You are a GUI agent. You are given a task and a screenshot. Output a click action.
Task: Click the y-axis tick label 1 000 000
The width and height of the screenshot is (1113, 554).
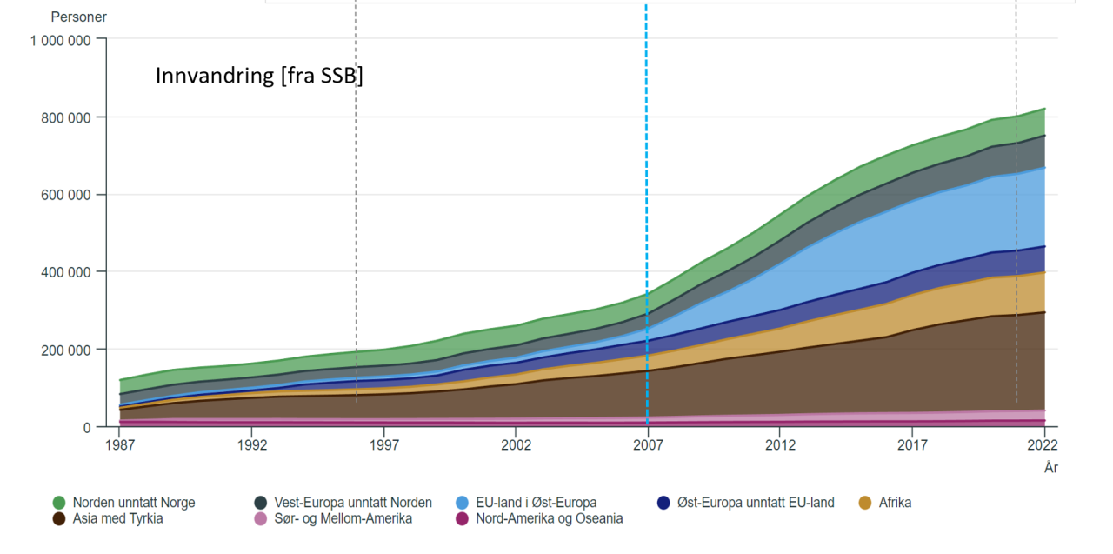click(x=61, y=40)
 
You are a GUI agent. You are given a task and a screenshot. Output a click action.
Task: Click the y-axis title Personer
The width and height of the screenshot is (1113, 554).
click(x=79, y=17)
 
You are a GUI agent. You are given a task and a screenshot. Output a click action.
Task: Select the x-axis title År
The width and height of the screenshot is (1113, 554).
click(x=1051, y=468)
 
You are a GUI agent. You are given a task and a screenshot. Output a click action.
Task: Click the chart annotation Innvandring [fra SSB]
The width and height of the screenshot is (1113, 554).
click(x=259, y=76)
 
